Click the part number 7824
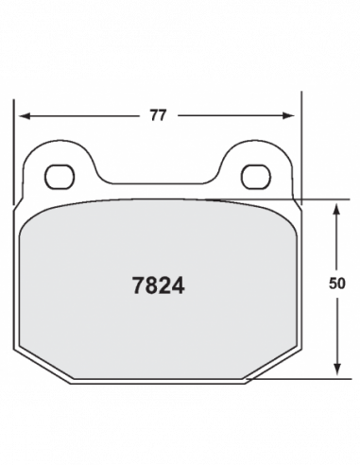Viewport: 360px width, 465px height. [158, 285]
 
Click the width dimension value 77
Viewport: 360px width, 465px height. [158, 115]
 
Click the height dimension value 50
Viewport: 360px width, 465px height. [337, 284]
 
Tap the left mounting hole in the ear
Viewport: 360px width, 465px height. [60, 177]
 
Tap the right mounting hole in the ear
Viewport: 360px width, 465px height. [256, 177]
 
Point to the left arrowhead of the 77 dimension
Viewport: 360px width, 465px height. [25, 116]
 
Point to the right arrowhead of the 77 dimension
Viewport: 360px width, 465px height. [288, 116]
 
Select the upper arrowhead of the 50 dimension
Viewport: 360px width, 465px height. [337, 210]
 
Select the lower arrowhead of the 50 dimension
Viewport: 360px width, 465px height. [337, 370]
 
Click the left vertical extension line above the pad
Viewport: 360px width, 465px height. [13, 152]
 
